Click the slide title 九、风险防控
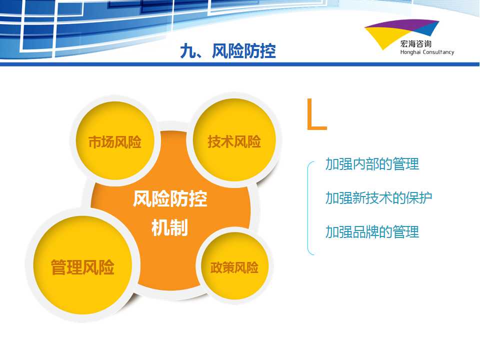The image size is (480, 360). tap(228, 51)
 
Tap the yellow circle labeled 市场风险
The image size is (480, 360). tap(114, 140)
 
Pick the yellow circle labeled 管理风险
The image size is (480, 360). tap(82, 265)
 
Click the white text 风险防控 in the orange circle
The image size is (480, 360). tap(170, 198)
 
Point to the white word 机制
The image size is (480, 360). tap(169, 227)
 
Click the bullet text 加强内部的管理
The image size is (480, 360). tap(372, 164)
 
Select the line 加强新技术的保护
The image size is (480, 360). tap(378, 198)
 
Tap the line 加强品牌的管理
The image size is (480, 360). tap(372, 231)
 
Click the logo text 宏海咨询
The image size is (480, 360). tap(415, 44)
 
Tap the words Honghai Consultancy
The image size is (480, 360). tap(427, 52)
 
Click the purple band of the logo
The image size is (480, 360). tap(401, 24)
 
